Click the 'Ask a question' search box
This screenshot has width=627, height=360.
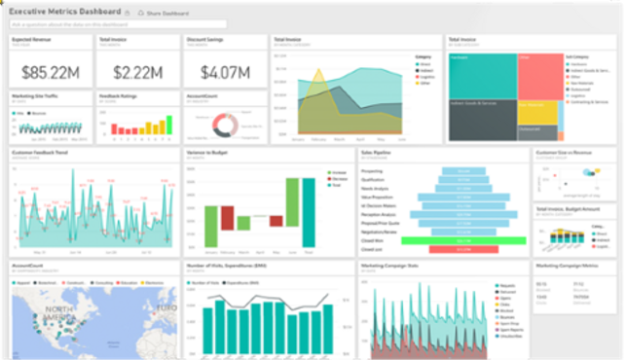click(x=117, y=23)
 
